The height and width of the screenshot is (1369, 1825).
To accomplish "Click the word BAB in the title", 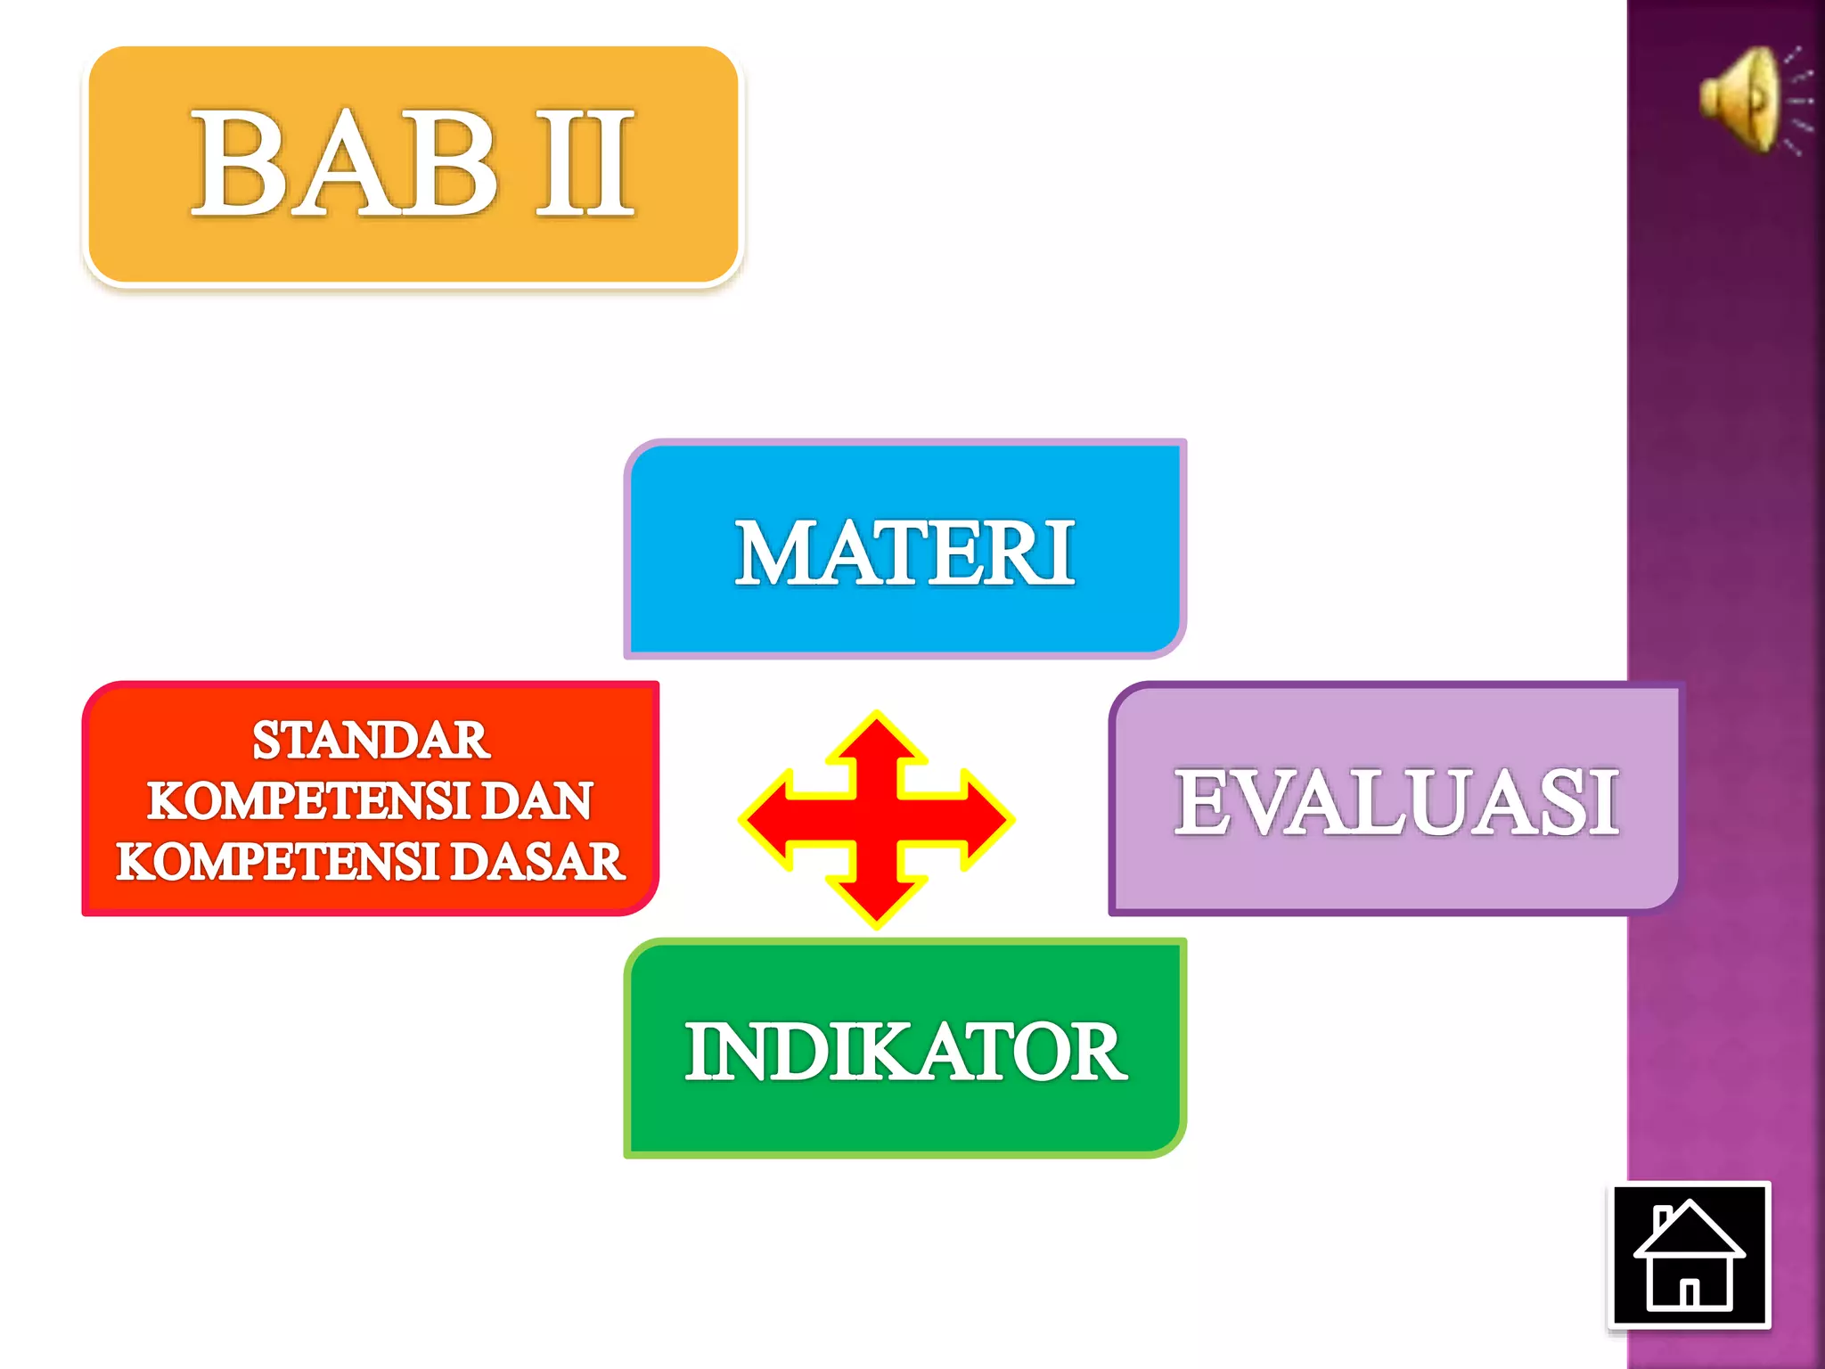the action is click(343, 163).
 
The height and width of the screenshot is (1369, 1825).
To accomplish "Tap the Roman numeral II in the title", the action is click(585, 163).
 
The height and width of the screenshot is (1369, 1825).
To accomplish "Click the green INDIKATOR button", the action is click(904, 1051).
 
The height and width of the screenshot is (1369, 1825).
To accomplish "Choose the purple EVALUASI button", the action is click(1395, 801).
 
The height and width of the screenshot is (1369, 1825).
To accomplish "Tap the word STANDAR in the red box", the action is click(371, 740).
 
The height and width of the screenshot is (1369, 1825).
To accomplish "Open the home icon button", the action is click(1689, 1255).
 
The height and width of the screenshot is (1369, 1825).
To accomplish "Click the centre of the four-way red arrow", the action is click(877, 819).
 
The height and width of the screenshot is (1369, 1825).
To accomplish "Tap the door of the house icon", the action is click(1689, 1291).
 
